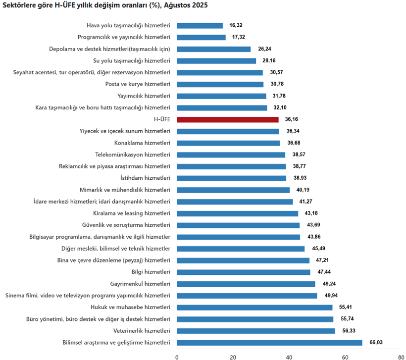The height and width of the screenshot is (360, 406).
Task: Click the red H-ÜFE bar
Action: tap(228, 119)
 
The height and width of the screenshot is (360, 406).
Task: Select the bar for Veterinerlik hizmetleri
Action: tap(255, 331)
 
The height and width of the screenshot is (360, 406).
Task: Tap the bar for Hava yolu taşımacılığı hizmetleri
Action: tap(200, 25)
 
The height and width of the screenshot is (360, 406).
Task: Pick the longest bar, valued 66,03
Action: tap(269, 343)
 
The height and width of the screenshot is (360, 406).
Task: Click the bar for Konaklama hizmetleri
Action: tap(228, 143)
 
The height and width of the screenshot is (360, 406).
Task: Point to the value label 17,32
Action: tap(238, 37)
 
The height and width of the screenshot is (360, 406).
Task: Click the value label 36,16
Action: tap(291, 119)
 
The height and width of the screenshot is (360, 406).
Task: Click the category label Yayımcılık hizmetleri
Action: tap(144, 96)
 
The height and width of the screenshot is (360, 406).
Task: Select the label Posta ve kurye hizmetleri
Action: tap(138, 84)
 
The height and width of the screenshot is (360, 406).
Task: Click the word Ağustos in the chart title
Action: tap(177, 5)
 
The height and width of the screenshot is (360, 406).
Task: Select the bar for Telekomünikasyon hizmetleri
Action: tap(231, 155)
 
